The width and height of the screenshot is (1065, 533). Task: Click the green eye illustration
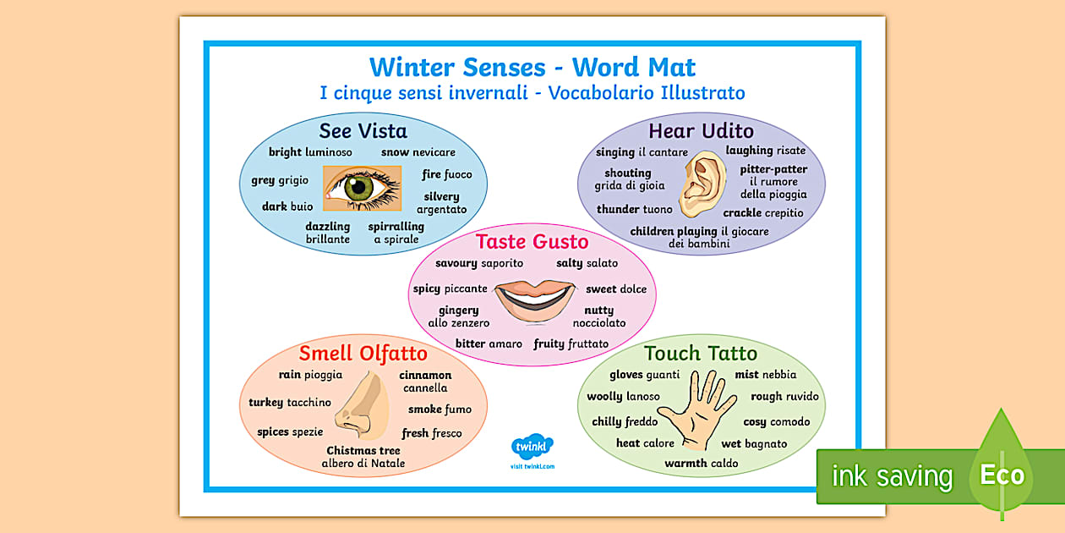point(363,188)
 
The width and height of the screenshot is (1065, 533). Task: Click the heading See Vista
point(363,131)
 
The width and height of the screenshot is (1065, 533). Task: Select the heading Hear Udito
point(701,130)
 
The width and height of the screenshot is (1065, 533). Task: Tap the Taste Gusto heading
point(532,241)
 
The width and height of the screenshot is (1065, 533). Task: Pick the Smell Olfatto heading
point(363,353)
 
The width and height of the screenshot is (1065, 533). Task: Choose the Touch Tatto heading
point(701,353)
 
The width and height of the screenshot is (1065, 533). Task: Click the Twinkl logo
point(532,446)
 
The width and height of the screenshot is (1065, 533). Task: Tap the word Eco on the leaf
point(1002,475)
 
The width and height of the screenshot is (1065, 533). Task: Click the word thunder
point(618,209)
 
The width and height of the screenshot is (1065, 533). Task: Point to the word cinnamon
point(425,375)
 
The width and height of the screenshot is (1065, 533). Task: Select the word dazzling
point(328,227)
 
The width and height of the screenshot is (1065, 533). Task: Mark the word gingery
point(459,310)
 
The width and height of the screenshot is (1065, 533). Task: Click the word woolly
point(604,397)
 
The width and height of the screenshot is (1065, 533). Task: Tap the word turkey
point(265,403)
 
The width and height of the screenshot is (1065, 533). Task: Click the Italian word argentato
point(441,209)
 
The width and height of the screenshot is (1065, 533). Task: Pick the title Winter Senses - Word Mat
point(532,66)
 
